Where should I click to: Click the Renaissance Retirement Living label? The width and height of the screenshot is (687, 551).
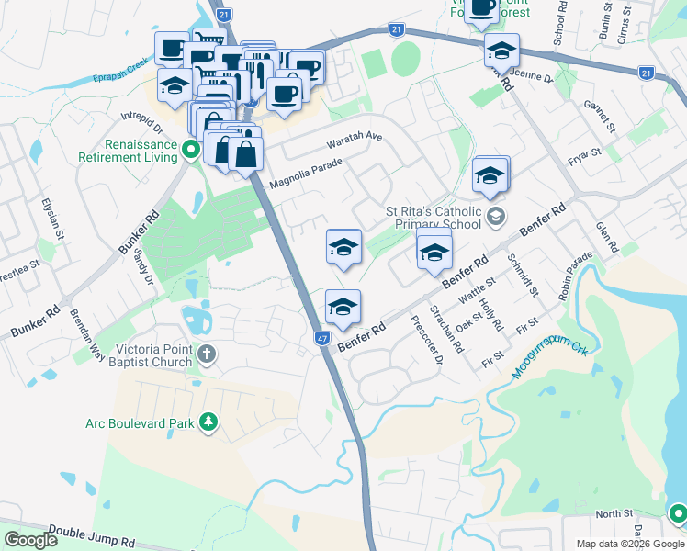point(141,151)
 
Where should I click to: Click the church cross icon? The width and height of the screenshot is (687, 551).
point(208,354)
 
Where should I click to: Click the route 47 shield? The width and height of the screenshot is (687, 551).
point(322,339)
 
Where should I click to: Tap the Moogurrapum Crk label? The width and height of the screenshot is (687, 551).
point(550,349)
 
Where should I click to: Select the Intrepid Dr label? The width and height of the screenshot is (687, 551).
point(142,123)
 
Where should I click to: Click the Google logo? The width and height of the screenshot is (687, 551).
point(30,540)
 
